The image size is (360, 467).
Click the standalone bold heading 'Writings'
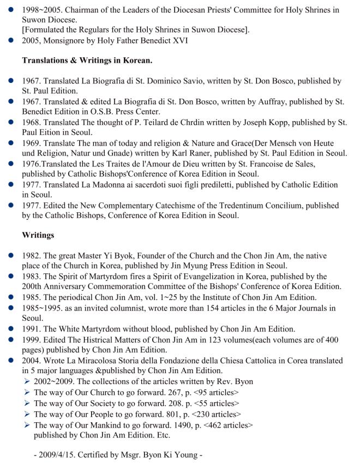[39, 235]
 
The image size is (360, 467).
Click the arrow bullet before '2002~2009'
[27, 381]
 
